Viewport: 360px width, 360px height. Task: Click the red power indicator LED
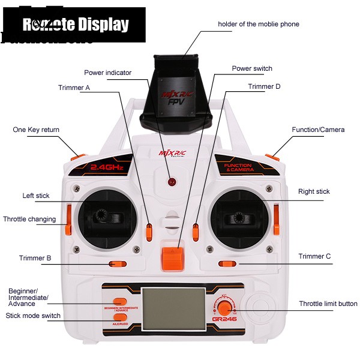point(172,181)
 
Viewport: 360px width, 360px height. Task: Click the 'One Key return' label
point(36,130)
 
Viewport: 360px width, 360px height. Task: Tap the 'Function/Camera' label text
point(318,130)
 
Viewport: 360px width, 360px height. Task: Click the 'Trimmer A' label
point(74,88)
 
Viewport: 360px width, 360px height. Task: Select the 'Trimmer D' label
point(264,86)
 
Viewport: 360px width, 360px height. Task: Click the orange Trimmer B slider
point(117,263)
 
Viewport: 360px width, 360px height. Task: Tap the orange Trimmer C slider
point(227,263)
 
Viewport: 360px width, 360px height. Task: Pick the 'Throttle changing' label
point(29,219)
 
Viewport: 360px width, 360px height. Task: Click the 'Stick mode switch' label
point(33,316)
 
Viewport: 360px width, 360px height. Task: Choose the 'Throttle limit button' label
point(328,304)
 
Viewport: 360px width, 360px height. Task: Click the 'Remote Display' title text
point(76,25)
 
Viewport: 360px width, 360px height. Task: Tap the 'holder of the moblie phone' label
point(258,24)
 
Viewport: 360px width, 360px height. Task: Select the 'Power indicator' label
point(107,73)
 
